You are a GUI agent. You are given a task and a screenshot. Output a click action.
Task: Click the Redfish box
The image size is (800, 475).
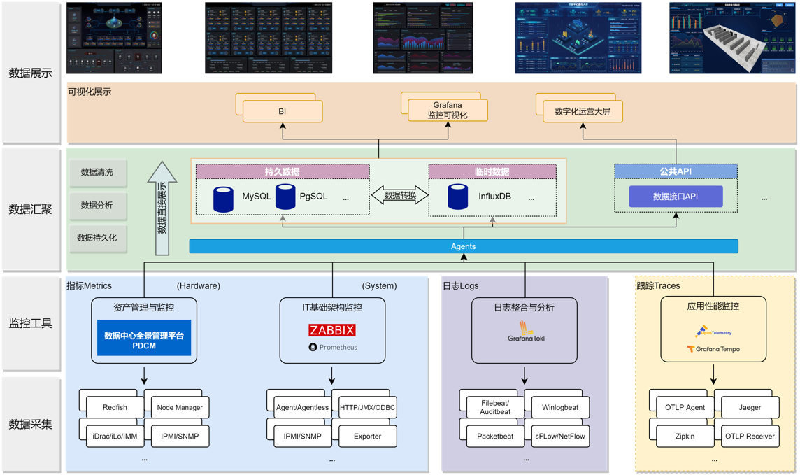pyautogui.click(x=115, y=407)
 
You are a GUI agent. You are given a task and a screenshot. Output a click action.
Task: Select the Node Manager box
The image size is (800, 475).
pyautogui.click(x=180, y=407)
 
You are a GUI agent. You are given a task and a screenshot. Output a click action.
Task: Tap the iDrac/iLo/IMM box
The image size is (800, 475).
pyautogui.click(x=115, y=436)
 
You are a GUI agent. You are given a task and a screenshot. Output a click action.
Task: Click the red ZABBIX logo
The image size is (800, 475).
pyautogui.click(x=332, y=330)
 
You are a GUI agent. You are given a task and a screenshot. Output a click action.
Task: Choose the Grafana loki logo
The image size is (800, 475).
pyautogui.click(x=525, y=332)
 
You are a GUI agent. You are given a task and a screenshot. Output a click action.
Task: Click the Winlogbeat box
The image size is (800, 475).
pyautogui.click(x=559, y=407)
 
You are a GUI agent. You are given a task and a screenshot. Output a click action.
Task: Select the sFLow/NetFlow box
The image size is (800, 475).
pyautogui.click(x=559, y=436)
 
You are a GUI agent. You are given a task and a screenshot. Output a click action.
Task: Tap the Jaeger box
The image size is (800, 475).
pyautogui.click(x=750, y=407)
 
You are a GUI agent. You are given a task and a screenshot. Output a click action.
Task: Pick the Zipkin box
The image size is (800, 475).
pyautogui.click(x=685, y=436)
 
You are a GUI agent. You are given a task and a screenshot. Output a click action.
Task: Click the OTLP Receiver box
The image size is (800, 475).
pyautogui.click(x=750, y=436)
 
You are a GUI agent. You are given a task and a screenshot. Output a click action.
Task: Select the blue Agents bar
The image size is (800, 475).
pyautogui.click(x=463, y=246)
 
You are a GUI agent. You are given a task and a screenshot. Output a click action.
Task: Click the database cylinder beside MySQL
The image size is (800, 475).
pyautogui.click(x=223, y=199)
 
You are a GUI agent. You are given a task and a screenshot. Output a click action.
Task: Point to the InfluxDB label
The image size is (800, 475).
pyautogui.click(x=494, y=197)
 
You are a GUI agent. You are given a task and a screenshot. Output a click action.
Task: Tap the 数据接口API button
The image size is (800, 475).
pyautogui.click(x=676, y=197)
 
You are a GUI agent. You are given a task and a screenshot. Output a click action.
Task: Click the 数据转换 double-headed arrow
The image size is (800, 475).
pyautogui.click(x=399, y=195)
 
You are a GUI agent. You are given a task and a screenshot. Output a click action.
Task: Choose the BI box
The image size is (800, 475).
pyautogui.click(x=283, y=111)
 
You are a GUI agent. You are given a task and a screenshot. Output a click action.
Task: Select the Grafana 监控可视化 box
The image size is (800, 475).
pyautogui.click(x=448, y=111)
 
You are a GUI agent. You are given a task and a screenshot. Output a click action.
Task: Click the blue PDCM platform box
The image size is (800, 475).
pyautogui.click(x=144, y=340)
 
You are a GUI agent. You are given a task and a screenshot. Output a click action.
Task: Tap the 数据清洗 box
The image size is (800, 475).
pyautogui.click(x=97, y=173)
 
